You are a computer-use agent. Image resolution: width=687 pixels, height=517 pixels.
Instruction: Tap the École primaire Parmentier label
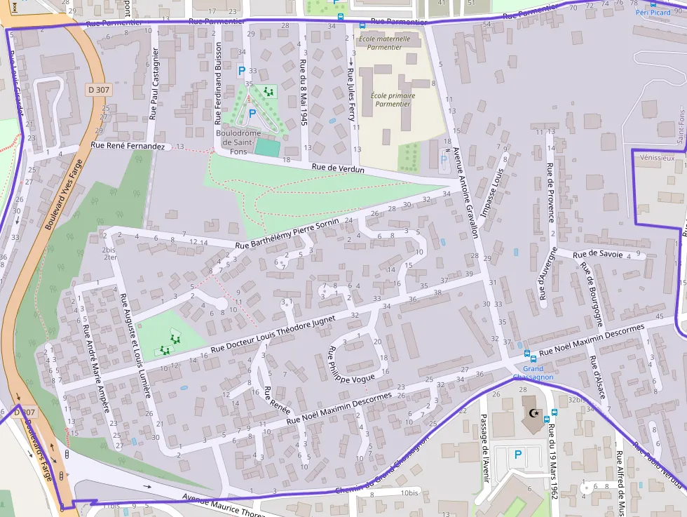click(393, 100)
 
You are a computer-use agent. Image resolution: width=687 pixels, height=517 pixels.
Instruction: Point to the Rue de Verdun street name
click(338, 168)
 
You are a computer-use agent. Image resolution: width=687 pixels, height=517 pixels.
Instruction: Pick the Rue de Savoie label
click(598, 253)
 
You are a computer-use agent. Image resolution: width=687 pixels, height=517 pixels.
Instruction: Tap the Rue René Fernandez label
click(128, 146)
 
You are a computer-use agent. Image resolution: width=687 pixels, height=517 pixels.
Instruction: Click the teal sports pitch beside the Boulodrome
click(266, 147)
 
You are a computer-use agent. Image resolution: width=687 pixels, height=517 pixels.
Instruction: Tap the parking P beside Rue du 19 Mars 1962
click(518, 455)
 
